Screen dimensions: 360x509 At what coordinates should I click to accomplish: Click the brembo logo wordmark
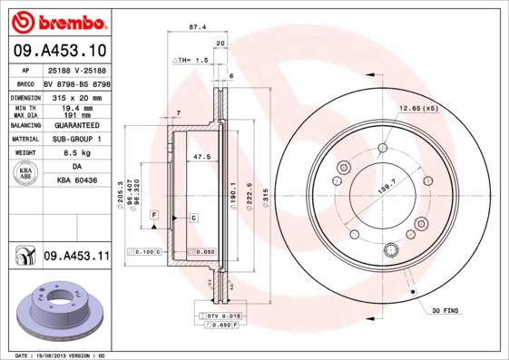[x=57, y=20]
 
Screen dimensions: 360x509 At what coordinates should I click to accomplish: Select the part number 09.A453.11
[x=75, y=257]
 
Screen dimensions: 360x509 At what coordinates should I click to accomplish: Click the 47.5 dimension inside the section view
[x=201, y=157]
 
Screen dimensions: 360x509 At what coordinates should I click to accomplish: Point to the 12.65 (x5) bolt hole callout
[x=417, y=109]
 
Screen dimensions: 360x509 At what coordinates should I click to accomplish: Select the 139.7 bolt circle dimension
[x=387, y=186]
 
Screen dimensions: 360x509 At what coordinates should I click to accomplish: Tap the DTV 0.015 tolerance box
[x=219, y=315]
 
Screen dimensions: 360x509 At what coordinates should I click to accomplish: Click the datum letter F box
[x=155, y=213]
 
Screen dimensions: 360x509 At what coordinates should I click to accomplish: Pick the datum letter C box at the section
[x=193, y=219]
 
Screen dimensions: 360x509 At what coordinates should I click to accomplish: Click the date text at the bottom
[x=62, y=355]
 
